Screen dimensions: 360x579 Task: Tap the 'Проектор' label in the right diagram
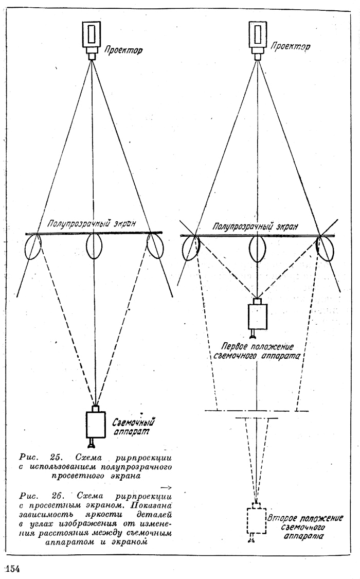(290, 47)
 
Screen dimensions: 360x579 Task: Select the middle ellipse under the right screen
(257, 248)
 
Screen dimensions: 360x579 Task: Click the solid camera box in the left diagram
(96, 424)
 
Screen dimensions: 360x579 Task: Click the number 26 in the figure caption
(58, 495)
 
